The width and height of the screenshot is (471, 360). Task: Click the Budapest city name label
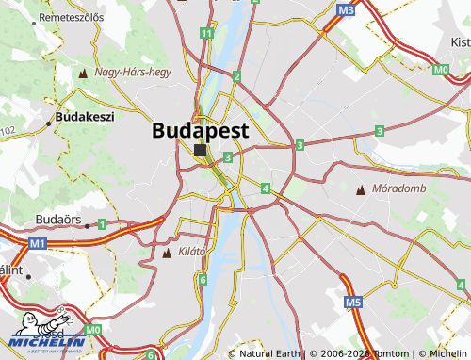pyautogui.click(x=201, y=131)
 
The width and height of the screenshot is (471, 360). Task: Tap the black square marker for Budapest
pyautogui.click(x=201, y=150)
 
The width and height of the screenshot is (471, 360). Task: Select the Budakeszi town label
pyautogui.click(x=85, y=118)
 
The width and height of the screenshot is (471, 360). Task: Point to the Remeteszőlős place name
pyautogui.click(x=63, y=17)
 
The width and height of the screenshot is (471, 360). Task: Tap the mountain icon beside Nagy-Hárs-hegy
pyautogui.click(x=85, y=73)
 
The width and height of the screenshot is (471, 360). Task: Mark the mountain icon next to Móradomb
pyautogui.click(x=360, y=190)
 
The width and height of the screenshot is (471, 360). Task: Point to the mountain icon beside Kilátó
pyautogui.click(x=168, y=254)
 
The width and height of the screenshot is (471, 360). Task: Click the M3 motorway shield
pyautogui.click(x=346, y=10)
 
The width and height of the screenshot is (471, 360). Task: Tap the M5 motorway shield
pyautogui.click(x=353, y=303)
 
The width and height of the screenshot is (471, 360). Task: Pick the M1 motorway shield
pyautogui.click(x=38, y=243)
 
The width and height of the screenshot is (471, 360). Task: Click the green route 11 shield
pyautogui.click(x=205, y=34)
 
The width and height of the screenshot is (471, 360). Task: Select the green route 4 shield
pyautogui.click(x=267, y=188)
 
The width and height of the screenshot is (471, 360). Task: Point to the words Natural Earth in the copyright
pyautogui.click(x=271, y=354)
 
